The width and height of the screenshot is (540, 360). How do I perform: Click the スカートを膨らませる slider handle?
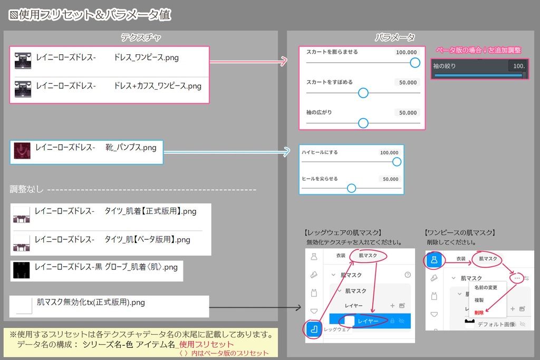click(x=415, y=63)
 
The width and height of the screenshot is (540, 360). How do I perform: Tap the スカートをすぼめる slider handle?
click(x=363, y=93)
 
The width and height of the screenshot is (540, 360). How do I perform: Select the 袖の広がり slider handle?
click(x=363, y=123)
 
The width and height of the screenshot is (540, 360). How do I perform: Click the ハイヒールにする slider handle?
click(x=397, y=162)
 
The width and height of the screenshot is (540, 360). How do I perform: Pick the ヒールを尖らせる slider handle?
click(x=351, y=188)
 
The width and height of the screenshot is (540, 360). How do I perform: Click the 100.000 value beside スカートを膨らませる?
click(x=406, y=52)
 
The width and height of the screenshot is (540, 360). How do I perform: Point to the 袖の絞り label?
click(x=444, y=66)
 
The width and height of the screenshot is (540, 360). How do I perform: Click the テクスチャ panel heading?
click(x=141, y=37)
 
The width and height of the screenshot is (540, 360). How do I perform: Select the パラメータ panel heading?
click(x=395, y=37)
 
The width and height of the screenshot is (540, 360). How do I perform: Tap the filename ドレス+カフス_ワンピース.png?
click(x=158, y=86)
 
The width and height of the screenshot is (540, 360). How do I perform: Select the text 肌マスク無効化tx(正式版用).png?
click(x=91, y=303)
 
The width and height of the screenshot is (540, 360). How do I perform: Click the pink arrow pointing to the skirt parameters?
click(x=248, y=62)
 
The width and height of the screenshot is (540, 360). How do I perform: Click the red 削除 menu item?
click(x=479, y=312)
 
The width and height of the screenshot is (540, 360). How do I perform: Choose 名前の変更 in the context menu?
click(x=486, y=287)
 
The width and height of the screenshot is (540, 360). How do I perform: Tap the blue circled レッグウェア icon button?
click(x=313, y=329)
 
